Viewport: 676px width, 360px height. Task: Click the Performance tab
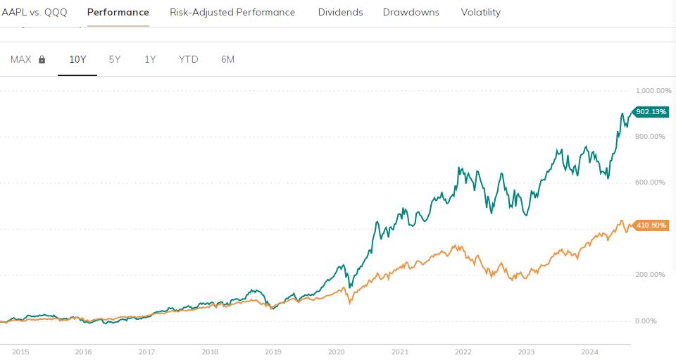pos(118,12)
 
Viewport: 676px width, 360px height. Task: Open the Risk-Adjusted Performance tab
pos(232,12)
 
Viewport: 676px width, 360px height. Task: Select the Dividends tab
pos(340,12)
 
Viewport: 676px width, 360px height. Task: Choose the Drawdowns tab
pos(411,12)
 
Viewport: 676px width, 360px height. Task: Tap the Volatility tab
pos(480,12)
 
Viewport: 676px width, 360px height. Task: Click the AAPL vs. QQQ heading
pos(35,12)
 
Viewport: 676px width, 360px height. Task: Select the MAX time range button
pos(20,59)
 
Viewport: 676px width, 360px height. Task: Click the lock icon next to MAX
pos(42,60)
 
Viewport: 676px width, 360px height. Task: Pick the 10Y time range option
pos(77,59)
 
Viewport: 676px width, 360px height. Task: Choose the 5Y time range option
pos(115,59)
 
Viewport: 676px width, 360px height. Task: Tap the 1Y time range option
pos(150,59)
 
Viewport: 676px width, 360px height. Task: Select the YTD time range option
pos(188,59)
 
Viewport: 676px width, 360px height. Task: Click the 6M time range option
pos(227,59)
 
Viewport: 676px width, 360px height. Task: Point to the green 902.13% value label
pos(651,112)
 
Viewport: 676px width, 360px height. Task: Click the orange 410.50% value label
pos(651,225)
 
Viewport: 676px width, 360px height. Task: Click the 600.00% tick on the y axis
pos(651,182)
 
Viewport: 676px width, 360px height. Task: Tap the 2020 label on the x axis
pos(337,351)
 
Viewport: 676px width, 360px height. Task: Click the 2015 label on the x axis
pos(20,351)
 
